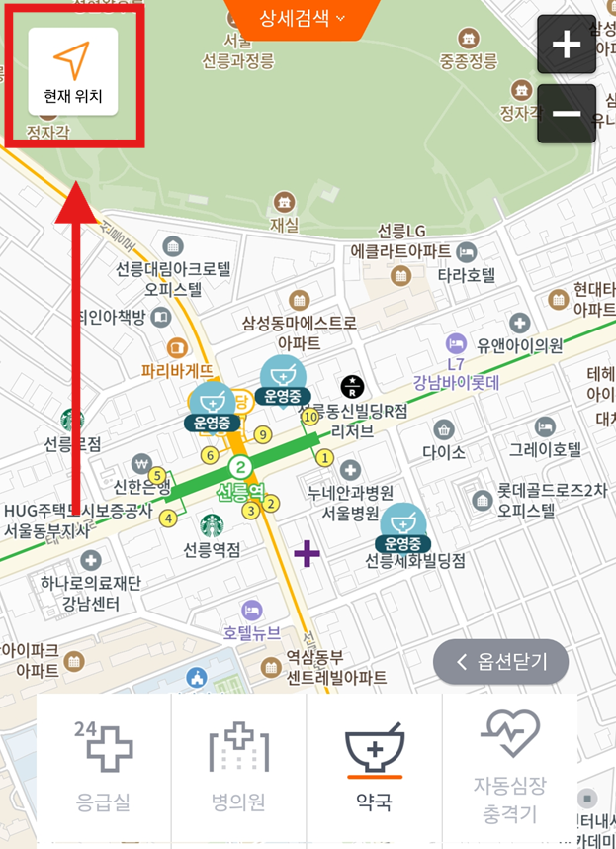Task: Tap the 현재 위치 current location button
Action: click(x=72, y=71)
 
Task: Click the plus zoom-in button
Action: click(x=567, y=45)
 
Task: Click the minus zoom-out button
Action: click(x=567, y=114)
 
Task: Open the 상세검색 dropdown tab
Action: click(x=302, y=18)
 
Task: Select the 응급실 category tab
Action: click(x=103, y=766)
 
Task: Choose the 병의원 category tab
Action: click(x=238, y=766)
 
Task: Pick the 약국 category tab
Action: click(x=374, y=766)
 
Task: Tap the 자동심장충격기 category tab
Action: click(x=509, y=766)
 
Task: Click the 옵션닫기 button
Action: click(x=500, y=662)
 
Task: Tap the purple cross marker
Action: click(x=307, y=553)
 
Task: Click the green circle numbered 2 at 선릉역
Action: click(x=238, y=467)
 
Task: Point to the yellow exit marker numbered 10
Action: click(x=310, y=418)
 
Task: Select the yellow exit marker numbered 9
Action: click(x=262, y=434)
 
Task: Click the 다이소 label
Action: click(x=444, y=451)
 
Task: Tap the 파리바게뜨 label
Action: click(x=177, y=371)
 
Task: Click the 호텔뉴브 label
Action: click(x=251, y=632)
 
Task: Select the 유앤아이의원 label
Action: click(x=519, y=345)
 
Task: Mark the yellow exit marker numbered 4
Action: click(x=168, y=518)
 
